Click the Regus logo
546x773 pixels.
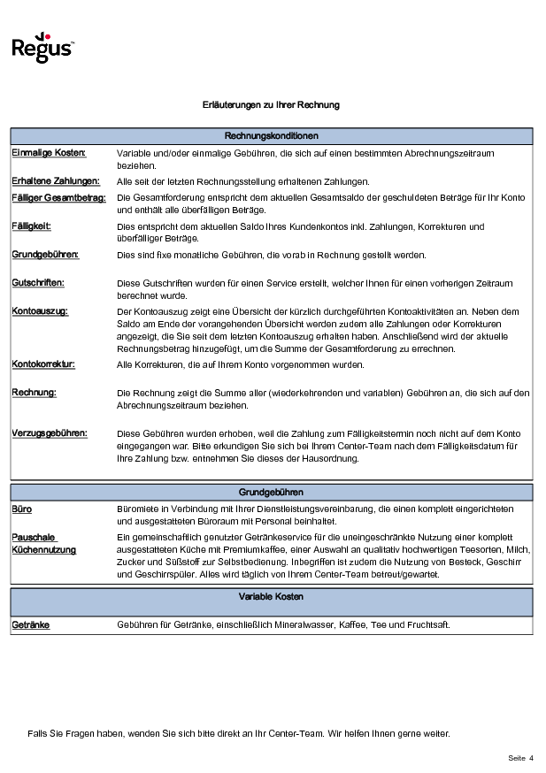pos(42,50)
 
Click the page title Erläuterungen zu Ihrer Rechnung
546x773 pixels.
pos(271,105)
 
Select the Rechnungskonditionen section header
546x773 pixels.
pos(272,136)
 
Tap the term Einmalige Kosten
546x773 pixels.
pos(49,153)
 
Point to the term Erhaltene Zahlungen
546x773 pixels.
pos(55,181)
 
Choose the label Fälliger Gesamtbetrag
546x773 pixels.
pos(58,197)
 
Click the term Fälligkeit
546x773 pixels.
pos(31,226)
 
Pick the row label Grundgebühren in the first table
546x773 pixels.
pos(45,255)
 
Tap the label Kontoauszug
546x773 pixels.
pos(40,311)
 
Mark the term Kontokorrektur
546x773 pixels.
pos(43,364)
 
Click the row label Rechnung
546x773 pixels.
pos(34,392)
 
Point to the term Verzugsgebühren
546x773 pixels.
pos(50,433)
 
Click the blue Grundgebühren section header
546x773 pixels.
pos(272,493)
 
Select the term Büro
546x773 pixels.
pos(22,509)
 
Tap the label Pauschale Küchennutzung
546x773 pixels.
pos(43,543)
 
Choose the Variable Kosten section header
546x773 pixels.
pos(272,597)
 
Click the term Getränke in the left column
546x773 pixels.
pos(30,624)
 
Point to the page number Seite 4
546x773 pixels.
pos(520,758)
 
